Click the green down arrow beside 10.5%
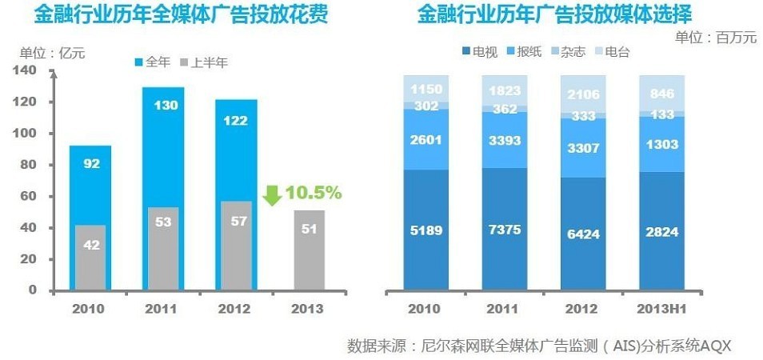tap(272, 194)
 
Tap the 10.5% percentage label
tap(314, 193)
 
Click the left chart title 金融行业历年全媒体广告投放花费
tap(180, 16)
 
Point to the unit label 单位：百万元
tap(715, 38)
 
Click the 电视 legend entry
tap(479, 52)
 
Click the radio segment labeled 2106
tap(583, 94)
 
